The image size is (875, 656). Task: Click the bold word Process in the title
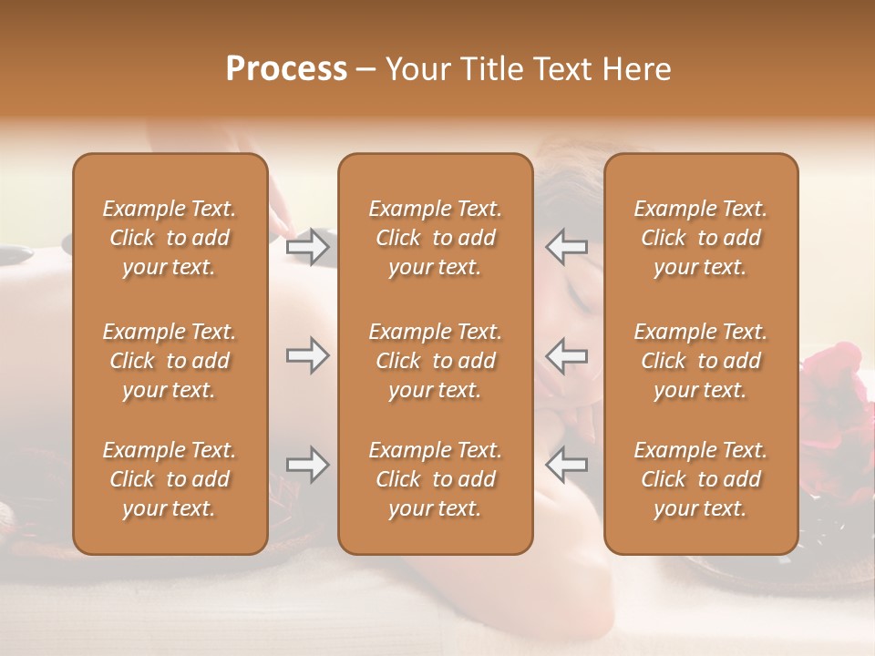(286, 69)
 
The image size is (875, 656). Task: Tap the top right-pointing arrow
(307, 247)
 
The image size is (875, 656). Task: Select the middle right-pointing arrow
(307, 355)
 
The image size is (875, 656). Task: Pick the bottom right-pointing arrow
(307, 465)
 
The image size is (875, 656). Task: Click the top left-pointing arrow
(567, 247)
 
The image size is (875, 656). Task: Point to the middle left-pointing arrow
(567, 355)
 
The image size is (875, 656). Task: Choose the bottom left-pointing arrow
(567, 465)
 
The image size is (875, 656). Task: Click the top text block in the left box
(170, 238)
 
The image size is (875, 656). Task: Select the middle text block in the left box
(170, 361)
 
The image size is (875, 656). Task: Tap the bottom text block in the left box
(170, 479)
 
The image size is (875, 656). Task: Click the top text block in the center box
(436, 238)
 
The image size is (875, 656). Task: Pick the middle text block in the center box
(436, 361)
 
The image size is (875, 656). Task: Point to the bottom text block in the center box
(436, 479)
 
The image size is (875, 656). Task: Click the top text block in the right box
(701, 238)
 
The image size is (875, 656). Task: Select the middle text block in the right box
(701, 361)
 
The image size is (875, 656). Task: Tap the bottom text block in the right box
(701, 479)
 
